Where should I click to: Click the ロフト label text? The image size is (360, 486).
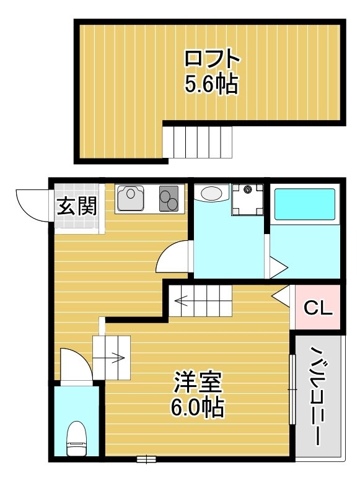pos(211,59)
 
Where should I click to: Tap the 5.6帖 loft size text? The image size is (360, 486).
pos(211,85)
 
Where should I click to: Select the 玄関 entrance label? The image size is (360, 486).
pos(77,206)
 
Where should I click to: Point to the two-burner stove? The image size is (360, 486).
pos(169,197)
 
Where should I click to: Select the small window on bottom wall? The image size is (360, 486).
pos(146,459)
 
